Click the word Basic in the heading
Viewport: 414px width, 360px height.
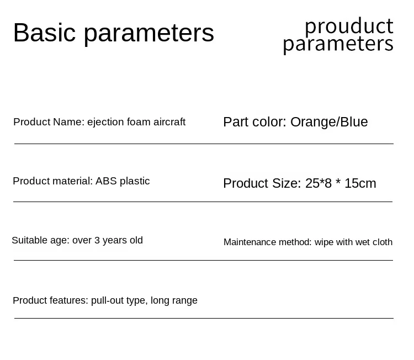click(44, 33)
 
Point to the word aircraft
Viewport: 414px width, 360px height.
click(169, 122)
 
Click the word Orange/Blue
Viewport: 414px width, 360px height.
click(329, 122)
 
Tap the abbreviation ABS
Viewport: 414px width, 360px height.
click(106, 181)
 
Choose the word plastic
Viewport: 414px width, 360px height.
click(135, 181)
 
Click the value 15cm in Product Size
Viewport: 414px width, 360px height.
click(360, 183)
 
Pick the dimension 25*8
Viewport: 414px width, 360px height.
click(319, 183)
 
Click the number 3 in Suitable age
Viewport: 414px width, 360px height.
click(97, 240)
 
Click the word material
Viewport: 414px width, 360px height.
click(72, 181)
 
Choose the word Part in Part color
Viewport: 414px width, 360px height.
click(236, 122)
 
